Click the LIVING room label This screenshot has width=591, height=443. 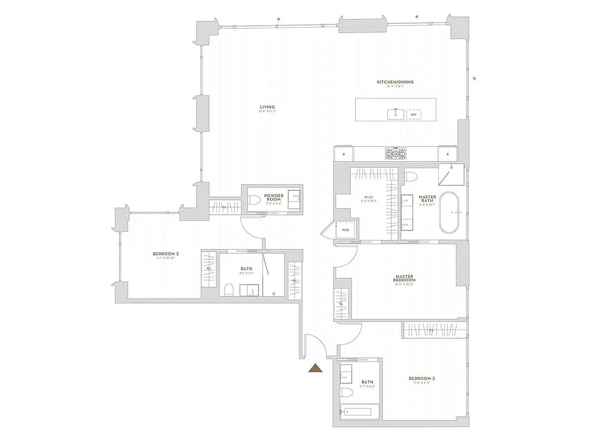tap(266, 107)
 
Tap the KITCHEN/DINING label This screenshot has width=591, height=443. tap(395, 83)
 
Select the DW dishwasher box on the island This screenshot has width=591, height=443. tap(413, 115)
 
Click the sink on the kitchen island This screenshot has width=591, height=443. tap(395, 114)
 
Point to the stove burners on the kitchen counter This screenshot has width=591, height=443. tap(395, 153)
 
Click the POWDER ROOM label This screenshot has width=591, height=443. tap(274, 198)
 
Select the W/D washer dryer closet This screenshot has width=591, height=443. tap(345, 229)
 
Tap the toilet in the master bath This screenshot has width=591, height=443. tap(410, 177)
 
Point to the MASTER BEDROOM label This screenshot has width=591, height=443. tap(405, 279)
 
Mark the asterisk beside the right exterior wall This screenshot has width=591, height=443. tap(474, 79)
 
